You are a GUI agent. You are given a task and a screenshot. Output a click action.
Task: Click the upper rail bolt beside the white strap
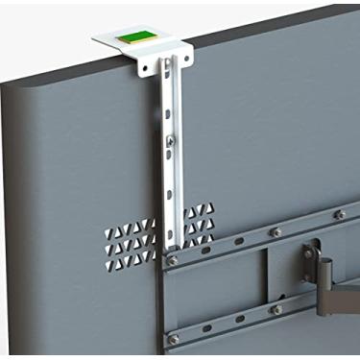(172, 259)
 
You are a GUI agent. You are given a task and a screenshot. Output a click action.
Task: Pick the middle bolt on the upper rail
(276, 232)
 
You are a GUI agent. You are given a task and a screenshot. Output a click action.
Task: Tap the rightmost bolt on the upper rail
(339, 215)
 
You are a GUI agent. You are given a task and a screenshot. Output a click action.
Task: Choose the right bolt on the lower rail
(276, 309)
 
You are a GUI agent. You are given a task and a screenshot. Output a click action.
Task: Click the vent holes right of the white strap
(200, 224)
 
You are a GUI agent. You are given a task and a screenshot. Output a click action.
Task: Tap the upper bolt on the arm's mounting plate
(309, 251)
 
